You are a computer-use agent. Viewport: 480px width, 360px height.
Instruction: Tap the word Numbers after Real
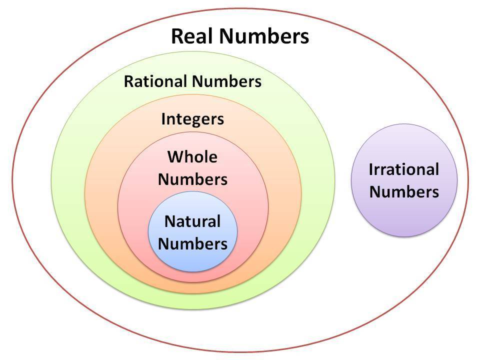pyautogui.click(x=264, y=36)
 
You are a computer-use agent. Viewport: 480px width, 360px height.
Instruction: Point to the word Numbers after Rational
pyautogui.click(x=227, y=81)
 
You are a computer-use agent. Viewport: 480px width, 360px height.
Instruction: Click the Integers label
pyautogui.click(x=192, y=119)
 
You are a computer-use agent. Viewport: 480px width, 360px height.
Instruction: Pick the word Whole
pyautogui.click(x=192, y=157)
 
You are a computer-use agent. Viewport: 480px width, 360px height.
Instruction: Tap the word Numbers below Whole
pyautogui.click(x=192, y=179)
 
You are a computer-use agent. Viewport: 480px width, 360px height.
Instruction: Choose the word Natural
pyautogui.click(x=192, y=221)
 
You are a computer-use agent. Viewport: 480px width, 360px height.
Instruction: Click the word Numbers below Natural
pyautogui.click(x=192, y=243)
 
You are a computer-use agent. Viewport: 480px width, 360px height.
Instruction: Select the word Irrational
pyautogui.click(x=404, y=169)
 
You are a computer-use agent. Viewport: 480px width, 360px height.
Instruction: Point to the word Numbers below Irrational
pyautogui.click(x=404, y=192)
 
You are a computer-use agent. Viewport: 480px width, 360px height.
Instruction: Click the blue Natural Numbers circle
pyautogui.click(x=193, y=231)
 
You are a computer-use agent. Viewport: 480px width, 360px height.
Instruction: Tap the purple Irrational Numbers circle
pyautogui.click(x=404, y=180)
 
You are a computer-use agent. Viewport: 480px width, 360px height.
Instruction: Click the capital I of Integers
pyautogui.click(x=163, y=119)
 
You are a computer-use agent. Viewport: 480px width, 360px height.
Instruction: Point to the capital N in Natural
pyautogui.click(x=170, y=221)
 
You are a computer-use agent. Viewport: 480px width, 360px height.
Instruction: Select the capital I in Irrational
pyautogui.click(x=371, y=169)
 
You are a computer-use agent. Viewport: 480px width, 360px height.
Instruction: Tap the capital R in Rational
pyautogui.click(x=128, y=81)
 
